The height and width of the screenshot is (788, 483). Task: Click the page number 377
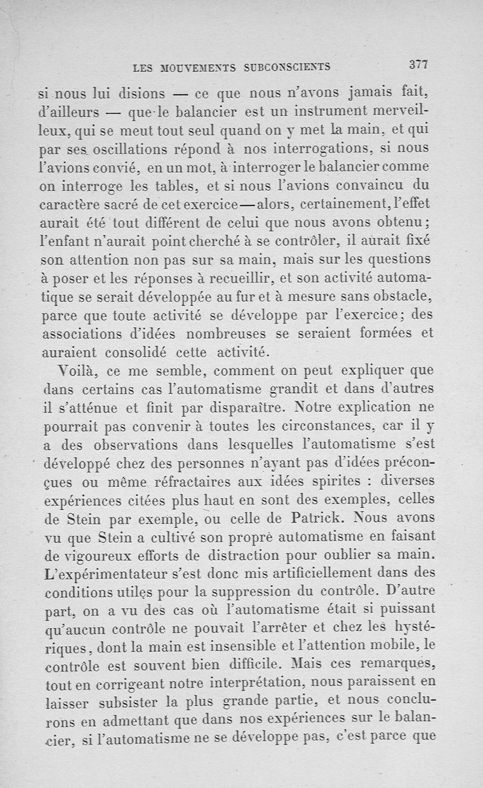pos(418,65)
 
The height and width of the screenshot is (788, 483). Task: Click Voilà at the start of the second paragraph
pos(76,369)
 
